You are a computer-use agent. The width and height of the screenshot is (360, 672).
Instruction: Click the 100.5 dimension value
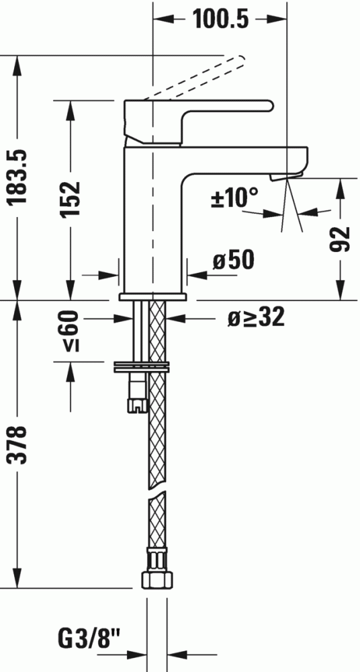tap(220, 19)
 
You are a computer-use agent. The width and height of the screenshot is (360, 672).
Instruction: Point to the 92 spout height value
tap(341, 240)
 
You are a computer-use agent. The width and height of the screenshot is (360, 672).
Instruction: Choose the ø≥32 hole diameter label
tap(256, 318)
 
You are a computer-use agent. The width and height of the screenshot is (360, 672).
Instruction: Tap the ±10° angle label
tap(235, 198)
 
